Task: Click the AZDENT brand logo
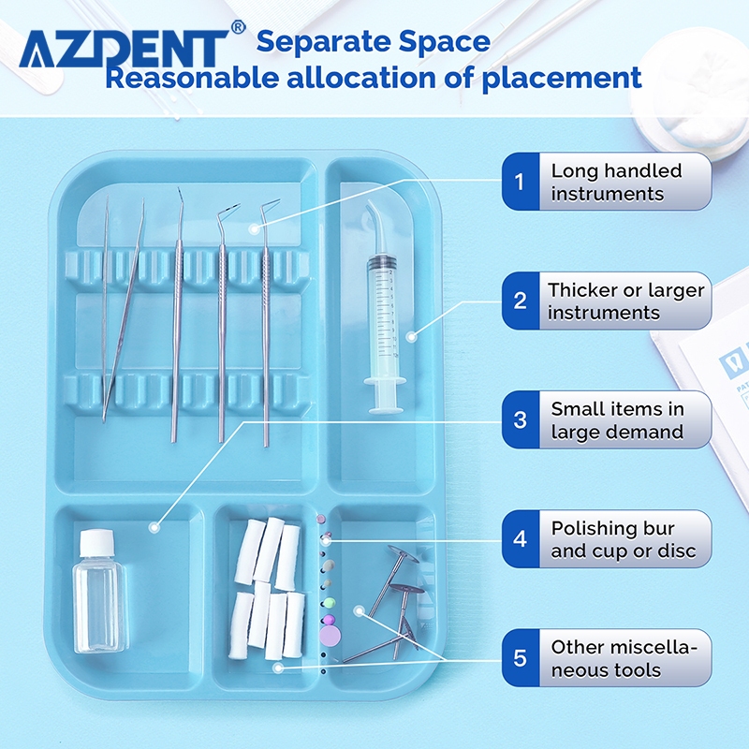pyautogui.click(x=125, y=49)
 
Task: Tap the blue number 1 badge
pyautogui.click(x=521, y=182)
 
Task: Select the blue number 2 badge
pyautogui.click(x=521, y=301)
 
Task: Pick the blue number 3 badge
pyautogui.click(x=521, y=419)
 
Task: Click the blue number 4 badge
pyautogui.click(x=521, y=539)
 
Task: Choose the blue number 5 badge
pyautogui.click(x=521, y=658)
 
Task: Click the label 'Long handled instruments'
pyautogui.click(x=616, y=182)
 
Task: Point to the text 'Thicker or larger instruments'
pyautogui.click(x=625, y=301)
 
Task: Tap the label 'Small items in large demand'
pyautogui.click(x=617, y=420)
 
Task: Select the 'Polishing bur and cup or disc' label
pyautogui.click(x=624, y=539)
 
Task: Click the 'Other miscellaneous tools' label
pyautogui.click(x=624, y=658)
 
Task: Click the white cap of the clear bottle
pyautogui.click(x=97, y=543)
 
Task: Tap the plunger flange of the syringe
pyautogui.click(x=385, y=381)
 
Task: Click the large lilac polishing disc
pyautogui.click(x=330, y=636)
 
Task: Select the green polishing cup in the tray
pyautogui.click(x=329, y=603)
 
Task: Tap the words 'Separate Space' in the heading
pyautogui.click(x=373, y=41)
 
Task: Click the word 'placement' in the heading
pyautogui.click(x=562, y=79)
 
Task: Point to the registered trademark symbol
pyautogui.click(x=239, y=27)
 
